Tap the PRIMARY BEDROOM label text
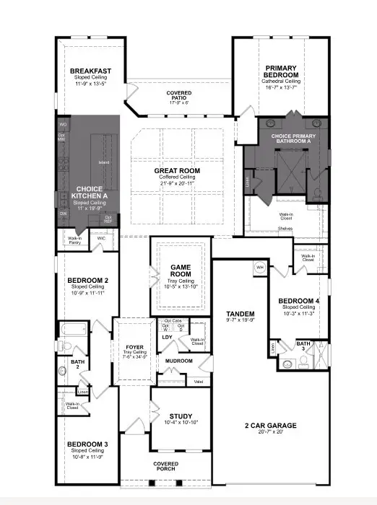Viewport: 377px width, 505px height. (x=281, y=71)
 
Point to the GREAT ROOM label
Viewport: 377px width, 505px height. (x=177, y=171)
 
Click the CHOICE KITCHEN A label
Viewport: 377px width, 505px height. (x=89, y=193)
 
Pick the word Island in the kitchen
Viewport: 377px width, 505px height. (x=103, y=162)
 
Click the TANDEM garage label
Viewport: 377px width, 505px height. (x=240, y=314)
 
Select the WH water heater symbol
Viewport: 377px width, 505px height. (x=259, y=268)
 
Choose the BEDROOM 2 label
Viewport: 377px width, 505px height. (x=87, y=280)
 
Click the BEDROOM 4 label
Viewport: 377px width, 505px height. (x=298, y=300)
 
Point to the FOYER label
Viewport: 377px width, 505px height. (x=134, y=347)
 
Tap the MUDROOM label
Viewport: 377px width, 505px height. (x=178, y=361)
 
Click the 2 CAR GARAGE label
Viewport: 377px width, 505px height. (x=270, y=426)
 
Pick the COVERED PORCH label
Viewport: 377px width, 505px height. (x=165, y=467)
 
